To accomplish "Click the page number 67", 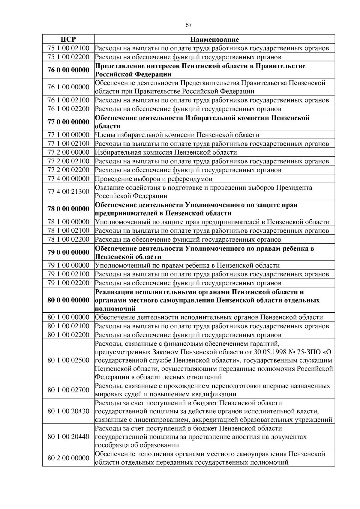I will [188, 25].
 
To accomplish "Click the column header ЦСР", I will [68, 39].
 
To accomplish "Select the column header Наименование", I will [214, 39].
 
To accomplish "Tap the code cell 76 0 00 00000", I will [68, 70].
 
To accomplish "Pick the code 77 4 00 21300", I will [68, 192].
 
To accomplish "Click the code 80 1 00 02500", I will [68, 360].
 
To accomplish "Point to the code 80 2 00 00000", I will [68, 458].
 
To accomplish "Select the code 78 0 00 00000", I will [68, 209].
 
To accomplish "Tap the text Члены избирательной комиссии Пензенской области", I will [177, 135].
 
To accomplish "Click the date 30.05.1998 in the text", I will [270, 352].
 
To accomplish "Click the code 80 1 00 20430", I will [68, 411].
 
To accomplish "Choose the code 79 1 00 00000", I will [68, 265].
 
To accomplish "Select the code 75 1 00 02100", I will [68, 48].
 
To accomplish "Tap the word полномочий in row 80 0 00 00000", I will [115, 309].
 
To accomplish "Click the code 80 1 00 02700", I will [68, 390].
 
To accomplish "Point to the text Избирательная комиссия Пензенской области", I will [166, 152].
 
